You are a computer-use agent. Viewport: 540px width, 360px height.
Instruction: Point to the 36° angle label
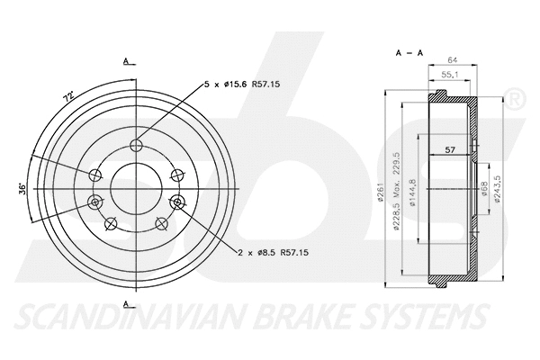tap(21, 190)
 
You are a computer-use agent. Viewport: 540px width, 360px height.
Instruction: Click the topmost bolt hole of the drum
tap(137, 147)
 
